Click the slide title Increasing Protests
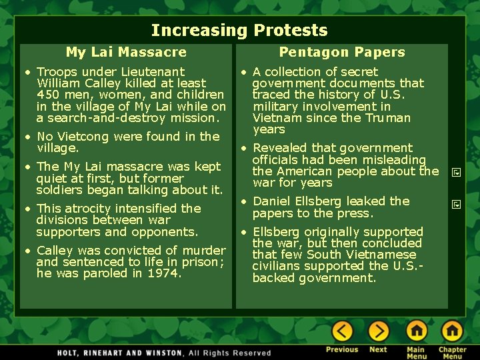pos(239,30)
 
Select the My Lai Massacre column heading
pos(126,52)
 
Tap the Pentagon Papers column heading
pos(341,52)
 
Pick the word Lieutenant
pos(152,71)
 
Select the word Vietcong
pos(83,137)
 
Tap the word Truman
pos(385,118)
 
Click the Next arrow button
pos(378,331)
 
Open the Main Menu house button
pos(417,331)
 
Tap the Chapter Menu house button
pos(452,331)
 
